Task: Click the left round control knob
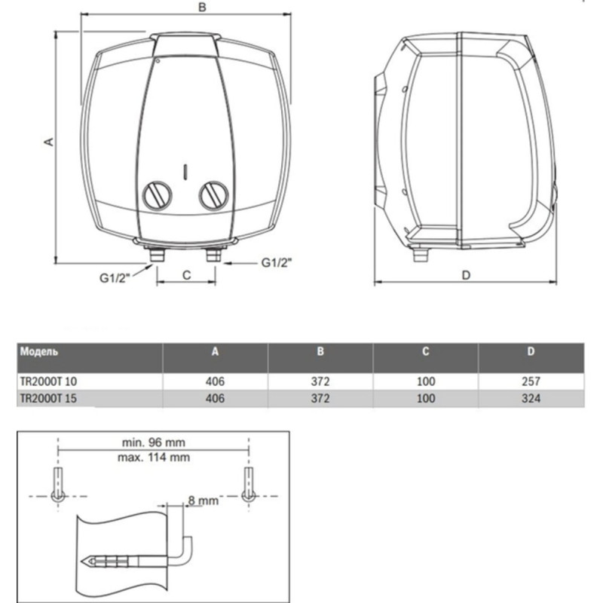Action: tap(158, 195)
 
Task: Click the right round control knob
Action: tap(213, 195)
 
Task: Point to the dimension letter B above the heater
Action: tap(200, 7)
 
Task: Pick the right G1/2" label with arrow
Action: tap(276, 262)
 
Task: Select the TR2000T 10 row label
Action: tap(49, 381)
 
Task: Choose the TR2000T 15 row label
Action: tap(49, 399)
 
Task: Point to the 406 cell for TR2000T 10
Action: tap(216, 381)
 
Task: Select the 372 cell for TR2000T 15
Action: tap(320, 399)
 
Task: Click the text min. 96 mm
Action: tap(153, 442)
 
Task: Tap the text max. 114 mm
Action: tap(153, 456)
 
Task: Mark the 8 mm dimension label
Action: tap(204, 500)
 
